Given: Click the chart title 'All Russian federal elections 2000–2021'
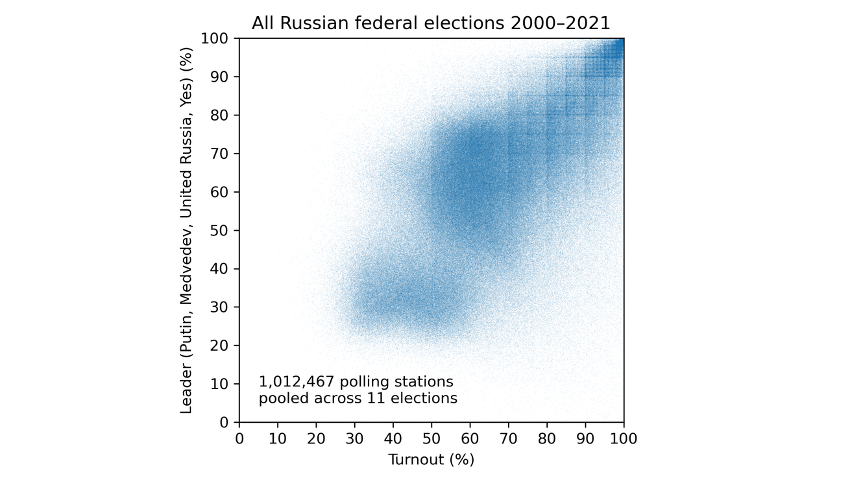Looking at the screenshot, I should click(x=431, y=23).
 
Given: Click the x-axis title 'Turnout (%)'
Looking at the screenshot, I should click(x=431, y=460).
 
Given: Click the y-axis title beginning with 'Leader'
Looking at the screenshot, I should click(x=186, y=230).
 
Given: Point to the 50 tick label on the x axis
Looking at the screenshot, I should click(x=431, y=439).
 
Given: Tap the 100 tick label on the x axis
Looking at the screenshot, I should click(x=624, y=439).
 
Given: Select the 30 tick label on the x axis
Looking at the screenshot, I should click(x=354, y=439).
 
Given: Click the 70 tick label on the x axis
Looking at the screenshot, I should click(x=508, y=439).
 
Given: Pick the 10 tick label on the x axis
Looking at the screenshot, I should click(x=278, y=439).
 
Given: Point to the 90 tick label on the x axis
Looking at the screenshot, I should click(x=585, y=439).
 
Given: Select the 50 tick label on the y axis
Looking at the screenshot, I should click(x=221, y=230).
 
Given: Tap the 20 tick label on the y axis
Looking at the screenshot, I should click(x=221, y=346).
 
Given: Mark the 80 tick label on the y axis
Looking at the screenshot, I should click(x=221, y=115).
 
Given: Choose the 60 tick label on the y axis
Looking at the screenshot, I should click(x=221, y=192).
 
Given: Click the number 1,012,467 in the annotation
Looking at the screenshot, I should click(x=293, y=381).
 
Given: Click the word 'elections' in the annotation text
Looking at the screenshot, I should click(x=428, y=398).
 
